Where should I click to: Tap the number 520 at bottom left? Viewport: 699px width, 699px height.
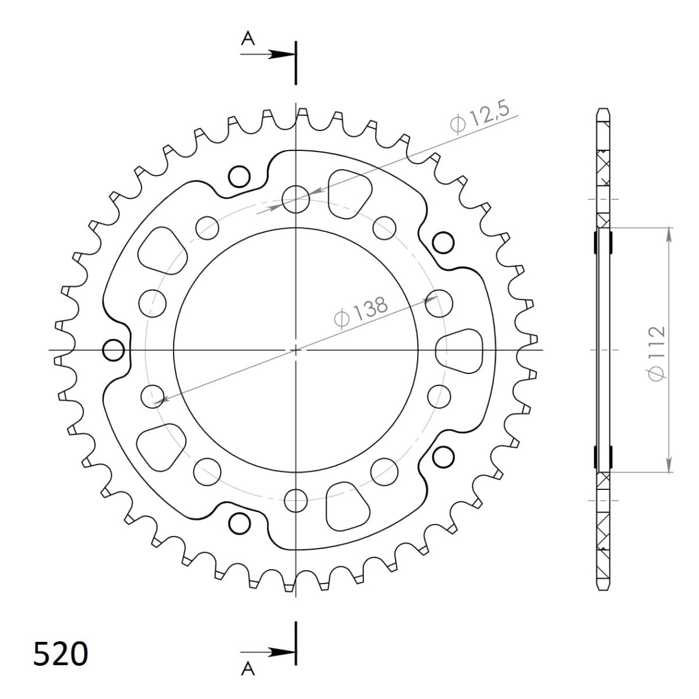point(61,654)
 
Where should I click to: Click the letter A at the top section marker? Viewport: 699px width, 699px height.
point(248,38)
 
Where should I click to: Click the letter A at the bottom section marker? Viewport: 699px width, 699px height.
point(248,670)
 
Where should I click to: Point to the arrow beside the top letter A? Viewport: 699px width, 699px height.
point(280,54)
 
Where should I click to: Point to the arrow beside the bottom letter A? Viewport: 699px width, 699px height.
point(280,651)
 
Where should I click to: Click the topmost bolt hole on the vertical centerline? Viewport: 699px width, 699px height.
point(296,199)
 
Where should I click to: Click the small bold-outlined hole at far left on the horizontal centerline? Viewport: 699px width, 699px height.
point(113,351)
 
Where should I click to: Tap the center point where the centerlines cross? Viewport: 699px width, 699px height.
point(296,349)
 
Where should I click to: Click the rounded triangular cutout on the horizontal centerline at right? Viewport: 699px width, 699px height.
point(460,351)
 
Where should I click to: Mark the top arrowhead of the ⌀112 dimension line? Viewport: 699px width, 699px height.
point(669,231)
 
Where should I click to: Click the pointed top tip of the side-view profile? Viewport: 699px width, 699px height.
point(604,109)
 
